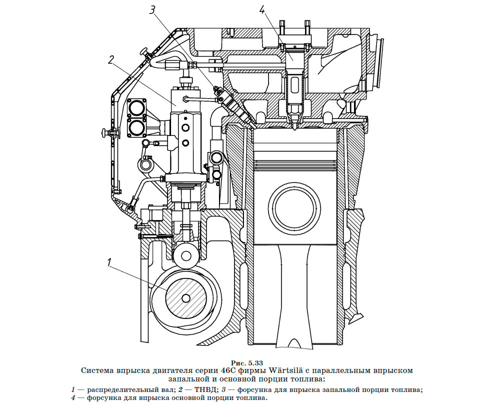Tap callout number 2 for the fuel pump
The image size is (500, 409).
click(x=110, y=60)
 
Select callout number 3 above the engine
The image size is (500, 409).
click(x=152, y=10)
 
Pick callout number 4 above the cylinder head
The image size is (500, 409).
click(x=261, y=10)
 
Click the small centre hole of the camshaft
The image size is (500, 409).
click(x=185, y=298)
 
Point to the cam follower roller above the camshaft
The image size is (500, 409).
click(x=186, y=256)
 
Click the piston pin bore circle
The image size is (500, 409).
click(x=294, y=208)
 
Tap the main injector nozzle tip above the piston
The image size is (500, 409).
click(x=295, y=126)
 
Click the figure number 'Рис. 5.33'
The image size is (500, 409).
click(x=247, y=363)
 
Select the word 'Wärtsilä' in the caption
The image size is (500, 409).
click(x=285, y=370)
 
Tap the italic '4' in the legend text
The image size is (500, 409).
click(x=73, y=398)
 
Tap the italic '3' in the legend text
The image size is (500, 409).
click(x=223, y=389)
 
